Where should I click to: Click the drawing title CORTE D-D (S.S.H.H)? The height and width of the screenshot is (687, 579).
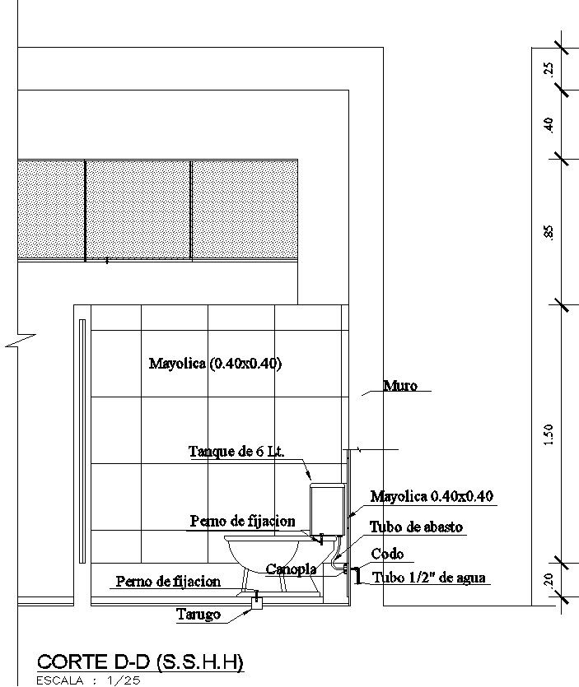point(141,662)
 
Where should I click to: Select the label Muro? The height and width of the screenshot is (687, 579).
point(400,385)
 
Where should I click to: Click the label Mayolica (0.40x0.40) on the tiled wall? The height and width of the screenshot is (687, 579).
point(215,363)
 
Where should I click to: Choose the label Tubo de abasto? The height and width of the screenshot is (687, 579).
point(416,527)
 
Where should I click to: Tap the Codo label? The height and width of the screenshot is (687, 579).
point(387,554)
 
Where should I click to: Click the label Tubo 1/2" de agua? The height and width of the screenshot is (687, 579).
point(429,578)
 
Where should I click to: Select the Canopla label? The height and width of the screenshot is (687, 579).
point(292,569)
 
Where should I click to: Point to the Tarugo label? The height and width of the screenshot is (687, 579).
point(198,614)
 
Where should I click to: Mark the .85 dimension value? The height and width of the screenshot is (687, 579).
point(549,232)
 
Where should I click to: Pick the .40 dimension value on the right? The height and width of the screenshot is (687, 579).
point(549,124)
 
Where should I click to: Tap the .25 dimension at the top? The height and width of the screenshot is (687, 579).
point(549,69)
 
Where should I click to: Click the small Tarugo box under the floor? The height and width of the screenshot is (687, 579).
point(256,604)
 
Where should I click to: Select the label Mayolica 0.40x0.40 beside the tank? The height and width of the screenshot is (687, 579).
point(432,496)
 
